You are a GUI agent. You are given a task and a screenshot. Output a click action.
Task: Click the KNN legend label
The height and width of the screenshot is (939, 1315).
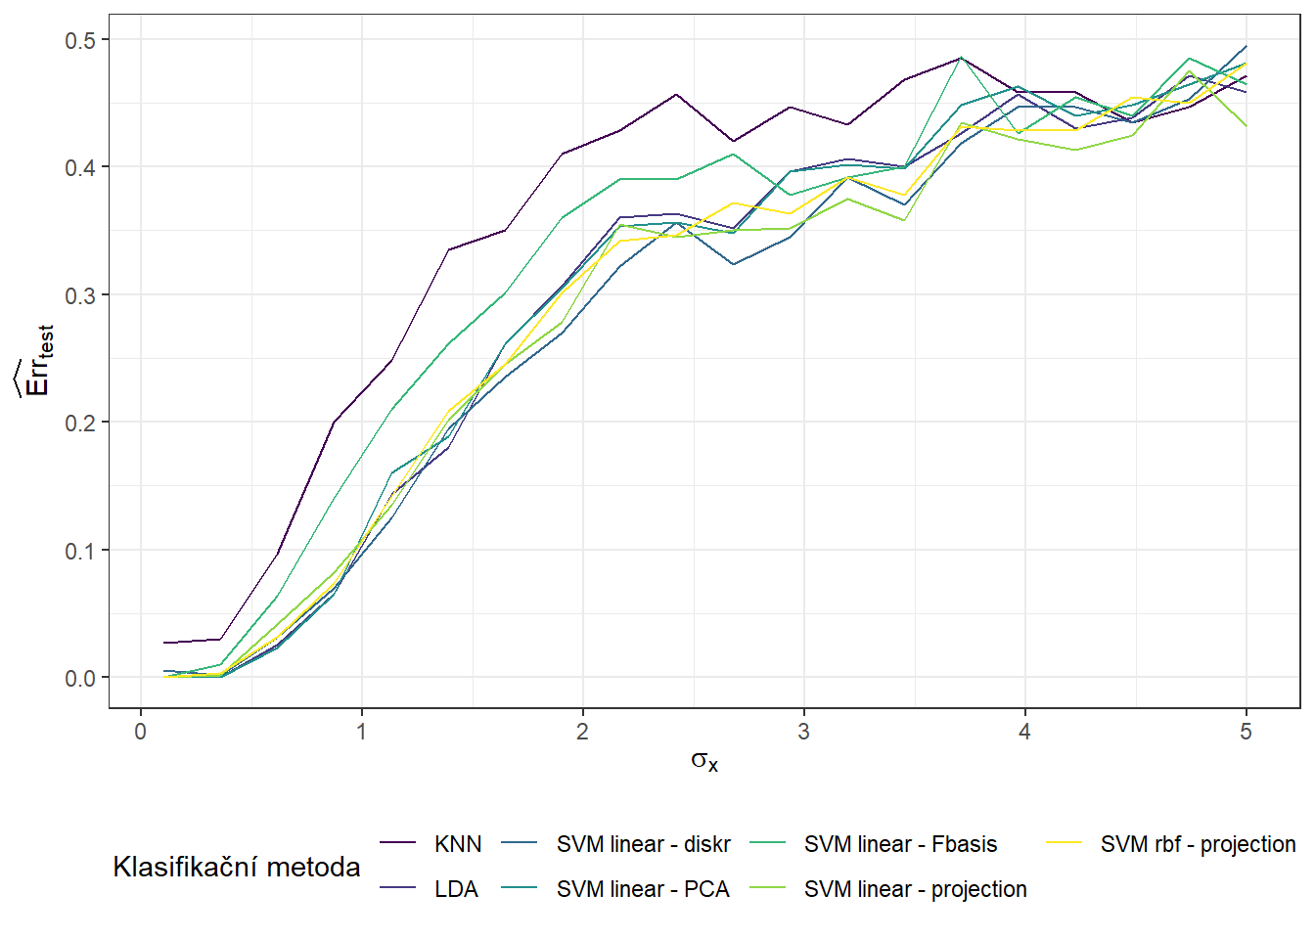[458, 844]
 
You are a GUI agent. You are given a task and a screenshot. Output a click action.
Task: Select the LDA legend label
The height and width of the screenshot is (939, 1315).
[456, 889]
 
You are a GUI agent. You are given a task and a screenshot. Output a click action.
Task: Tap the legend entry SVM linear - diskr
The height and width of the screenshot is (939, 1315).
[643, 844]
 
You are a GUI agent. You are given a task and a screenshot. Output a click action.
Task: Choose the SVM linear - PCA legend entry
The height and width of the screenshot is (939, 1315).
[643, 889]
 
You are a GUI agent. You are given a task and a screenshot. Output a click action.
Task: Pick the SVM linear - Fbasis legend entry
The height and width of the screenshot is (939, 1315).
[900, 844]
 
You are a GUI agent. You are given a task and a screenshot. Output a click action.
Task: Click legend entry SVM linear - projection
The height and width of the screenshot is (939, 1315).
[915, 889]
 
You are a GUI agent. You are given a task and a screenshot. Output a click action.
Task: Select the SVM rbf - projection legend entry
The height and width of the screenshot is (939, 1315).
[1198, 844]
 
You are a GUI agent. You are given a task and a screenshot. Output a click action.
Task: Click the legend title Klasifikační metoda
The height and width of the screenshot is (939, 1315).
[237, 867]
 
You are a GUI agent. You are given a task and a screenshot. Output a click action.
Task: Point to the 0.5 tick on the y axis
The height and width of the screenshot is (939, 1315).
[80, 40]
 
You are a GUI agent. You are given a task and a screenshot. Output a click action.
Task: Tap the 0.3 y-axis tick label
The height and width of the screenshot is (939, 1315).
[80, 295]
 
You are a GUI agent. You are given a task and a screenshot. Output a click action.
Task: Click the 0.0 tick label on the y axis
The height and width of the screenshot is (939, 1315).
[80, 678]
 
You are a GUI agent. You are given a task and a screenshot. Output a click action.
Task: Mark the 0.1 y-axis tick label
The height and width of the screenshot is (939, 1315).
[80, 551]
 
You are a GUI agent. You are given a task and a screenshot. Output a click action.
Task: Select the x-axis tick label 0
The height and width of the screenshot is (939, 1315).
[141, 732]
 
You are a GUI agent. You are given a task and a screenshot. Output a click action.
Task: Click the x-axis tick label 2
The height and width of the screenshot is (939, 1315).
[583, 732]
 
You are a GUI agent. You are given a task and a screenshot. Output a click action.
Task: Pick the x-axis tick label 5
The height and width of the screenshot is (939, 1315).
[1246, 732]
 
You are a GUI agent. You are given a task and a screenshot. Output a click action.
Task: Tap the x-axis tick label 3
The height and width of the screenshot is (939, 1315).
[804, 732]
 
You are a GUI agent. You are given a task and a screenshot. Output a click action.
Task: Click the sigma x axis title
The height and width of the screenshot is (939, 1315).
[704, 761]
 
